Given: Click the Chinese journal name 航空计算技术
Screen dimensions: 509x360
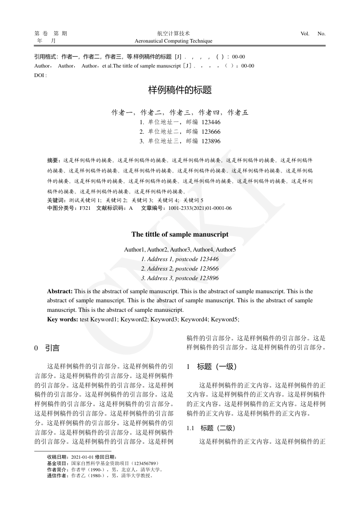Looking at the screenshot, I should point(174,34).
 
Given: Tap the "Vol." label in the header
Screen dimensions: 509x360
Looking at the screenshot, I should point(305,34).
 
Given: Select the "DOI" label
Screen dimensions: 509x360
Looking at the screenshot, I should point(39,74).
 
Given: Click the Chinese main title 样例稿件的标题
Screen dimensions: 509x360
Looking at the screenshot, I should point(180,90).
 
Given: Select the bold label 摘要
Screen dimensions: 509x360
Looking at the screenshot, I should point(54,160).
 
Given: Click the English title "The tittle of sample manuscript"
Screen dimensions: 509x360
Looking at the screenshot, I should point(180,234).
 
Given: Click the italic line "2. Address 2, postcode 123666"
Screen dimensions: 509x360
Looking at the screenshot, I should point(180,269).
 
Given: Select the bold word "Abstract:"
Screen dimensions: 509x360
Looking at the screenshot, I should point(60,291).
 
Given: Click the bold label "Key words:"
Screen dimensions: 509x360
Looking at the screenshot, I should point(63,320).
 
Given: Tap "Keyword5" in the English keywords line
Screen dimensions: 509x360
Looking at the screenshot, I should point(225,320).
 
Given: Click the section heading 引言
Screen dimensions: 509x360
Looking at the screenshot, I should point(52,348).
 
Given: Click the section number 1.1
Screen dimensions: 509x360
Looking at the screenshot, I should point(190,428).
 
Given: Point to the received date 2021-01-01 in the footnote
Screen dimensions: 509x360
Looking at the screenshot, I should point(82,457).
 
